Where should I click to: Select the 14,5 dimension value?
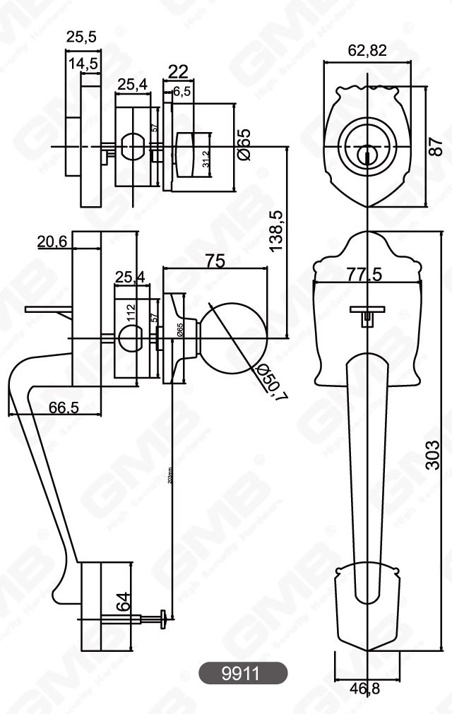83,64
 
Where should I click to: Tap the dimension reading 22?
179,71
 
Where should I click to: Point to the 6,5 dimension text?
182,91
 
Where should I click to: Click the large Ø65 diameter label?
244,145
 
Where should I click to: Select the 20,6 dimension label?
52,242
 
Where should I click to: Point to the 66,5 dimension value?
63,407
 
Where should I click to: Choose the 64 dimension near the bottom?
123,602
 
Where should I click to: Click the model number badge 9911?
242,673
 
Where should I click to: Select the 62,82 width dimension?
367,50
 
